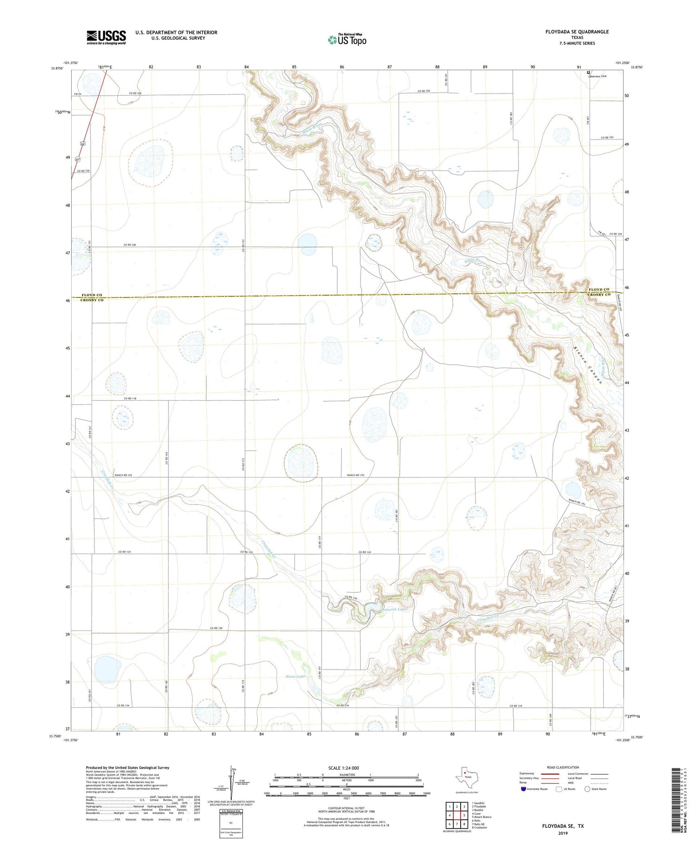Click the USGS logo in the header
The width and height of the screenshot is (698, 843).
pyautogui.click(x=106, y=37)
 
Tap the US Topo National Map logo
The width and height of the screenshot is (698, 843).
pyautogui.click(x=347, y=40)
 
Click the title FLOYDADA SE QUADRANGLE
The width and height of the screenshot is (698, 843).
pyautogui.click(x=577, y=32)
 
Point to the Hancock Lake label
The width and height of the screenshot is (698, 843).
pyautogui.click(x=394, y=609)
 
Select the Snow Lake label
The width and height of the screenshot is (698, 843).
pyautogui.click(x=295, y=676)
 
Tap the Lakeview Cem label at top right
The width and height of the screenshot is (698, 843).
pyautogui.click(x=598, y=76)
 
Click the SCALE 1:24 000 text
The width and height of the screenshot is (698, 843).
pyautogui.click(x=343, y=768)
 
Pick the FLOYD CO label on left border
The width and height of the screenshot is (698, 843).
pyautogui.click(x=92, y=295)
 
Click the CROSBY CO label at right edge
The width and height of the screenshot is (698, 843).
pyautogui.click(x=599, y=294)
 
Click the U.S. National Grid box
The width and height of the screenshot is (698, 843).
pyautogui.click(x=231, y=823)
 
